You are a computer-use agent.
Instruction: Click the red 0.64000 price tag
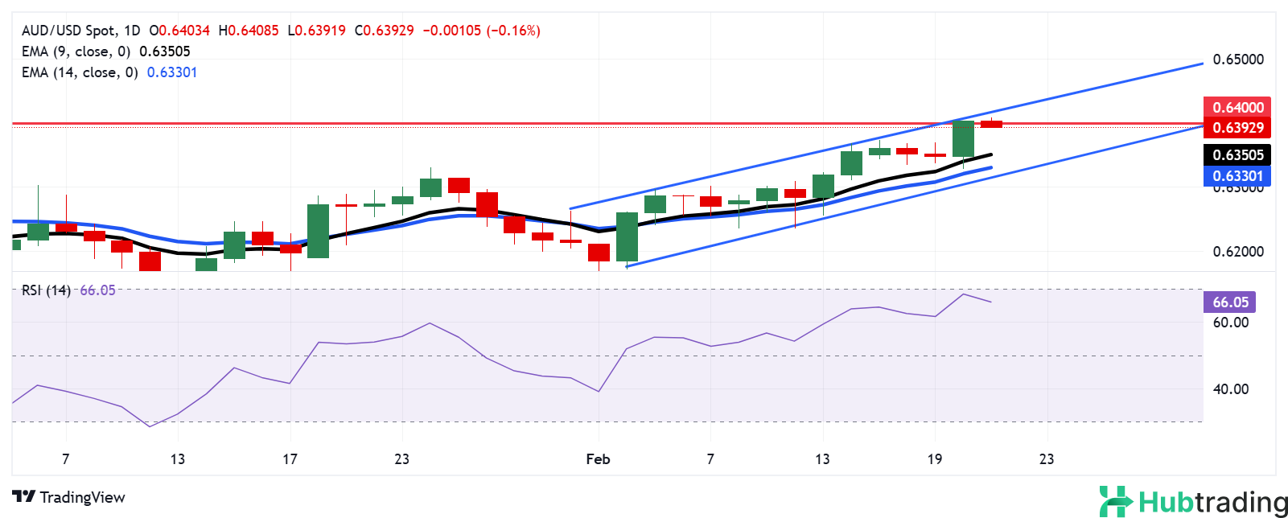click(1237, 107)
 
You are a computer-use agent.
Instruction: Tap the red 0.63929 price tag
click(1237, 127)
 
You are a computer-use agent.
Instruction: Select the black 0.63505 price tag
click(1237, 154)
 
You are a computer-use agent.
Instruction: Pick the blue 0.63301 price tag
click(1237, 175)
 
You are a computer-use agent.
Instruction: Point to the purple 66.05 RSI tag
click(1230, 302)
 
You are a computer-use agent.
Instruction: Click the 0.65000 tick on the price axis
click(1237, 60)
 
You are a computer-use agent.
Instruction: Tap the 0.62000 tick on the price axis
click(1237, 251)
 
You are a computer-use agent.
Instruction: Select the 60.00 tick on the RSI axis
click(1230, 323)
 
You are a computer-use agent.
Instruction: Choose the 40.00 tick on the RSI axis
click(1230, 389)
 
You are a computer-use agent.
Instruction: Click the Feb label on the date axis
click(598, 459)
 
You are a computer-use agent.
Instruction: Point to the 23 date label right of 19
click(1046, 459)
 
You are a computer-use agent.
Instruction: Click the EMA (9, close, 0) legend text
click(76, 51)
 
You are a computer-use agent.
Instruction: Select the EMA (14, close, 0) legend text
click(79, 72)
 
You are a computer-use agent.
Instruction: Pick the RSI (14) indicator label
click(46, 290)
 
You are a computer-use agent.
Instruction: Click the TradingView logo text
click(69, 497)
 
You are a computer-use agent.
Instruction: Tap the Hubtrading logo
click(1193, 502)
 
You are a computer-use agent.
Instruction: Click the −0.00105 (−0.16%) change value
click(481, 31)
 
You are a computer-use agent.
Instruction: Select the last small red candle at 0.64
click(991, 124)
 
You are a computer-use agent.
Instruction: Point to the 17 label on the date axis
click(290, 459)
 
